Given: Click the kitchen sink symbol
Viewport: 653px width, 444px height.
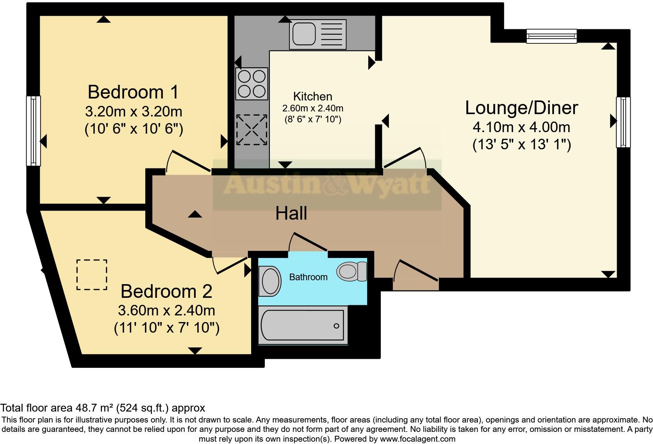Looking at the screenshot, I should (318, 34).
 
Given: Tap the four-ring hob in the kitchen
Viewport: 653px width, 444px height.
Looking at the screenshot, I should (252, 84).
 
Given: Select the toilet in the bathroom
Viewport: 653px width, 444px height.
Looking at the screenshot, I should (351, 271).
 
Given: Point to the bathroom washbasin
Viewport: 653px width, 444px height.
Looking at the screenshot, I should (270, 281).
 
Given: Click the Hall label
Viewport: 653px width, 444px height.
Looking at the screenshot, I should (291, 213).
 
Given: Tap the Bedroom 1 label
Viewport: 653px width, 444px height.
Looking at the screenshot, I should (133, 92).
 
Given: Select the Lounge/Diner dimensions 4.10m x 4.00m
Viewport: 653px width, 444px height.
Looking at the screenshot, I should (521, 127).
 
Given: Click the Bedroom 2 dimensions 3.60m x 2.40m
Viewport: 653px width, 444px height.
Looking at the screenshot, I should (166, 310).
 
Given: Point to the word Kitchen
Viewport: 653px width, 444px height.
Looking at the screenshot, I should (312, 96).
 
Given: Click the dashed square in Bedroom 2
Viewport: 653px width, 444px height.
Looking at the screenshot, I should (92, 275).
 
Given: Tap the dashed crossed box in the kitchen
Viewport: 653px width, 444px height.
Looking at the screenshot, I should (252, 130).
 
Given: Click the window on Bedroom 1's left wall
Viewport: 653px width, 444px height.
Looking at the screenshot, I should (34, 131).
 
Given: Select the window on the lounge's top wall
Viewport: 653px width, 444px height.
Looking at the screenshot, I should (551, 36).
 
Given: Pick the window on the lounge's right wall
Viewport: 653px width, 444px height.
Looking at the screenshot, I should (623, 122).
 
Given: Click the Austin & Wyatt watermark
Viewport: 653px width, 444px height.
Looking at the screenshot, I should (327, 184).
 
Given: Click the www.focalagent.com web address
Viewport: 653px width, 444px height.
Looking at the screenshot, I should (417, 439).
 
